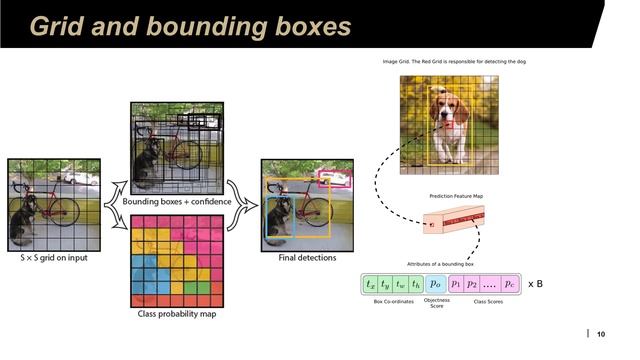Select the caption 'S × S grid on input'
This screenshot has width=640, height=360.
(x=54, y=257)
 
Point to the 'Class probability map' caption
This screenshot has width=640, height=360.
(x=175, y=314)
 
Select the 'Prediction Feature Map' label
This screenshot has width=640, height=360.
(x=456, y=196)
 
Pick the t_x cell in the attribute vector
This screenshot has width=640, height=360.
(x=370, y=284)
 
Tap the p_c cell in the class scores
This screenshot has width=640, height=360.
(x=509, y=284)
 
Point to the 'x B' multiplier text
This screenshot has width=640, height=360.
(x=535, y=284)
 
